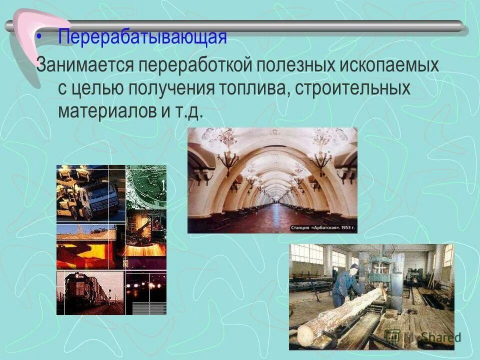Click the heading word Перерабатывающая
(x=142, y=36)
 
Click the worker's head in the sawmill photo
(x=353, y=270)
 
